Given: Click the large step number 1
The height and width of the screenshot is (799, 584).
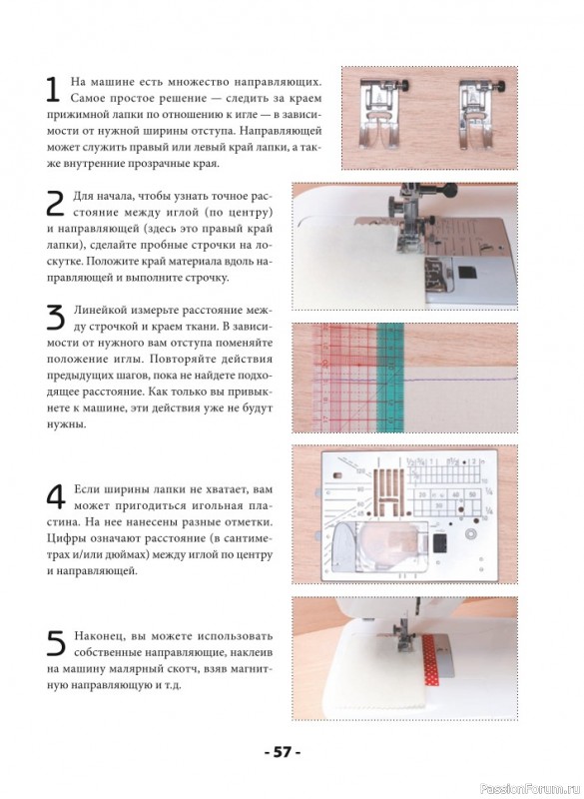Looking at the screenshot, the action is (x=54, y=90).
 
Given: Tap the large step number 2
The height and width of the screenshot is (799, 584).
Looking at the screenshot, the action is (x=55, y=204).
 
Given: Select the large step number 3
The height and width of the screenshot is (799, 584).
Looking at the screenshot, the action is (x=56, y=317).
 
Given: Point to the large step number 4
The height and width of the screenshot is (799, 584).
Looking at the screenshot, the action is (x=56, y=497).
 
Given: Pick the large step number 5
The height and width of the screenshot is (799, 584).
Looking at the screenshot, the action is (x=56, y=643).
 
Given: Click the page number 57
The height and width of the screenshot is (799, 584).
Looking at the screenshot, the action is (x=283, y=752).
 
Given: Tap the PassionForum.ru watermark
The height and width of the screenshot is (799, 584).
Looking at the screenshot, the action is (x=529, y=789).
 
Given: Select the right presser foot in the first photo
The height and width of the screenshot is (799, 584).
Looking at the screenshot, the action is (x=478, y=114).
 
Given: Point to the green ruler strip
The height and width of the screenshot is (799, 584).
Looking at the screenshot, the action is (x=390, y=378).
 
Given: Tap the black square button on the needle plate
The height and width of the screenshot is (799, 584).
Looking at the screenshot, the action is (x=439, y=543).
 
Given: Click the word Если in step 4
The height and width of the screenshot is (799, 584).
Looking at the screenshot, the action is (x=86, y=489).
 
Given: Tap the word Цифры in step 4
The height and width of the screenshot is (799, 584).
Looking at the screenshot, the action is (x=64, y=538).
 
